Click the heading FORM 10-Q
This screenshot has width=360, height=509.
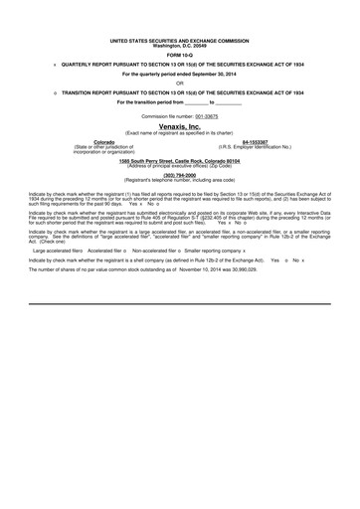(180, 53)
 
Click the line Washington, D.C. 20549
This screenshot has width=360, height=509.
(179, 46)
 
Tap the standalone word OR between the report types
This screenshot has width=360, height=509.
(180, 83)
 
